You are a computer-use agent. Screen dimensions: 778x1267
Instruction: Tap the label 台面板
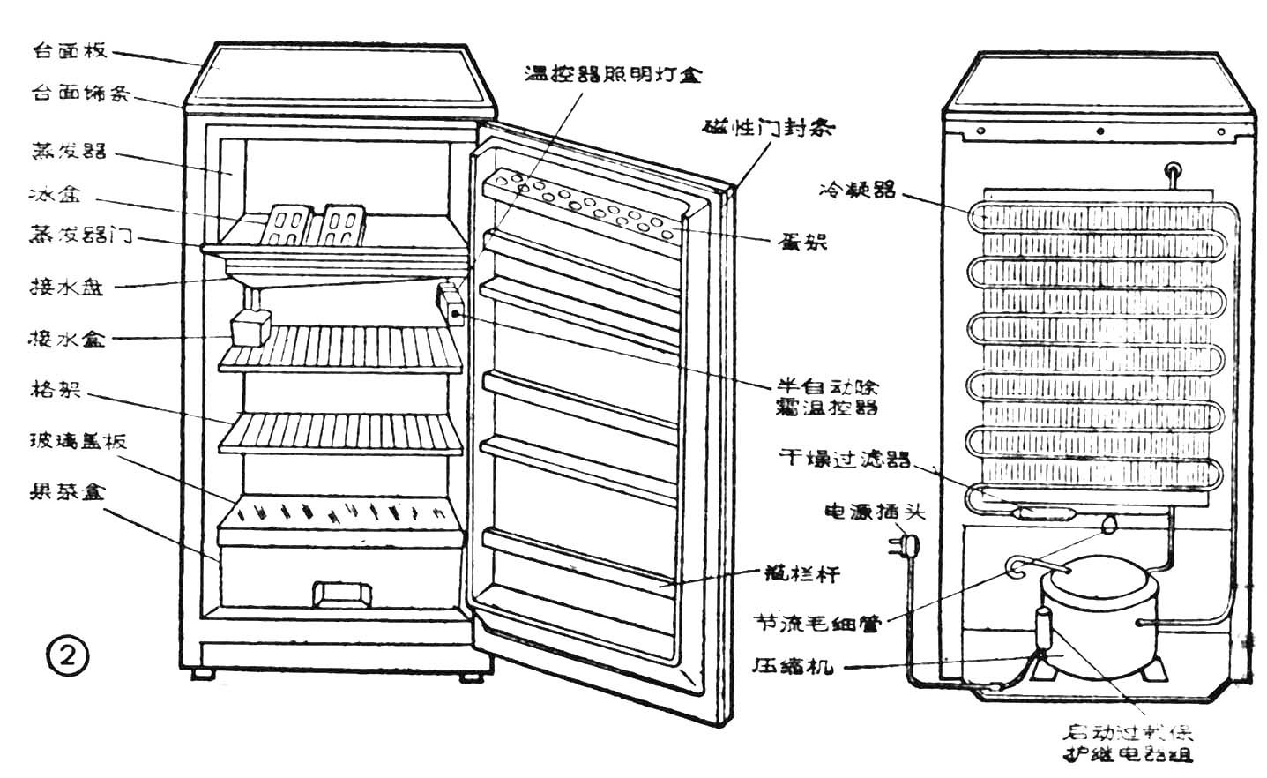pos(70,50)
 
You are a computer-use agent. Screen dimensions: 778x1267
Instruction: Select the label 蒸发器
pos(70,150)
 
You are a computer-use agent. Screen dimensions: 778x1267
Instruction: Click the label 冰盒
pos(55,194)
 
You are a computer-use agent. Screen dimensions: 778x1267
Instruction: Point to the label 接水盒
pos(68,338)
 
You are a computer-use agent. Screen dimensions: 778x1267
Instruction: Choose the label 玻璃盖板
pos(78,440)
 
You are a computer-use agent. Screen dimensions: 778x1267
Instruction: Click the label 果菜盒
pos(68,490)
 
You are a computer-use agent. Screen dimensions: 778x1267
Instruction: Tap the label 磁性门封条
pos(769,128)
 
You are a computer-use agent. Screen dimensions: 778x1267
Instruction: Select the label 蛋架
pos(802,241)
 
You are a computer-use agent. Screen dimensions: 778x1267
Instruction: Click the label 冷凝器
pos(857,189)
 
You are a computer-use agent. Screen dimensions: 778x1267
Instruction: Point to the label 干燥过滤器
pos(844,458)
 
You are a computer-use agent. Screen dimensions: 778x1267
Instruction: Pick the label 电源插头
pos(874,511)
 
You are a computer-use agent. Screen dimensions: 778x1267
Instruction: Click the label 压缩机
pos(792,666)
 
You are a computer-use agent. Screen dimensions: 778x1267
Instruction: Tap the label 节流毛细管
pos(816,623)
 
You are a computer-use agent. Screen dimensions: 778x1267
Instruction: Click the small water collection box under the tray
pos(250,330)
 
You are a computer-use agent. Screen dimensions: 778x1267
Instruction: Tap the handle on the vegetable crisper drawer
pos(343,594)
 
